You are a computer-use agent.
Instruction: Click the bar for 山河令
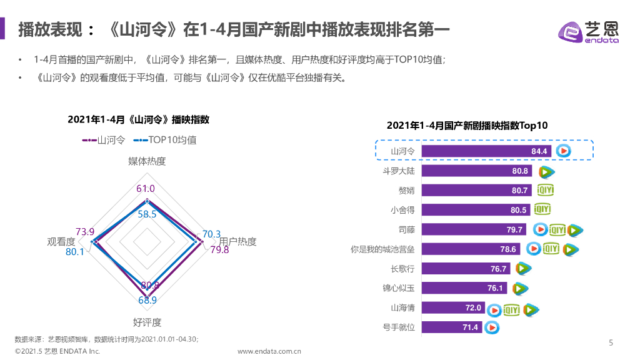(x=486, y=151)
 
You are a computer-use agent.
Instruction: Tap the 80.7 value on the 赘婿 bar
(x=520, y=191)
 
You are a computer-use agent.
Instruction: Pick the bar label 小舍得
(x=402, y=210)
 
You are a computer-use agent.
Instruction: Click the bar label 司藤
(x=406, y=230)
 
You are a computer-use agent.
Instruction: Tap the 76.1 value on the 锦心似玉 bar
(x=495, y=288)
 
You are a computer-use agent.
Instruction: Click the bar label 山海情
(x=402, y=307)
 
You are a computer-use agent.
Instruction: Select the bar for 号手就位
(x=451, y=327)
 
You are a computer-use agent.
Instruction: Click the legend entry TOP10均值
(x=165, y=140)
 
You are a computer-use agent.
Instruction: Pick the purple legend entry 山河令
(x=104, y=140)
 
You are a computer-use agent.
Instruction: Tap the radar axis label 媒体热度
(x=147, y=161)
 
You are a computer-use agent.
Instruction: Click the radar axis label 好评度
(x=147, y=322)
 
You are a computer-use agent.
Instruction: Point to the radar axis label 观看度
(x=61, y=242)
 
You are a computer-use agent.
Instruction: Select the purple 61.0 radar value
(x=146, y=189)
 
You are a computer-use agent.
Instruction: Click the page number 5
(x=611, y=342)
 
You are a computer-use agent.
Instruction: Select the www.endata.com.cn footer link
(x=269, y=351)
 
